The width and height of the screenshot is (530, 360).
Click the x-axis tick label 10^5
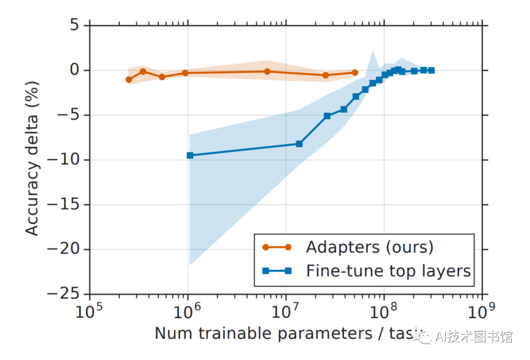[x=89, y=311]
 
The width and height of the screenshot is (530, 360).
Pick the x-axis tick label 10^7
[x=286, y=311]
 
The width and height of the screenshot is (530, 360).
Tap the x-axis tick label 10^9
[x=482, y=311]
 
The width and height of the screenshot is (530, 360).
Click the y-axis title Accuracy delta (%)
[x=32, y=159]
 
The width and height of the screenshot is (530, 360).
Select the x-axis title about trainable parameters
[x=285, y=333]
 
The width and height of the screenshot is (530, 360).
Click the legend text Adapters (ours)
[x=370, y=247]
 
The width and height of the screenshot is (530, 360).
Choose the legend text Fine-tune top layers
[x=388, y=271]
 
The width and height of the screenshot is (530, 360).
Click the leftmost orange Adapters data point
[x=129, y=80]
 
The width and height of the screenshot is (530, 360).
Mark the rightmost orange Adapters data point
[x=355, y=73]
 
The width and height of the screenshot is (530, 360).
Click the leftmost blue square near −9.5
[x=190, y=155]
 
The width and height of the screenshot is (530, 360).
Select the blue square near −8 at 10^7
[x=299, y=144]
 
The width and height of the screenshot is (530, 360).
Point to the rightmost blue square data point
[x=431, y=70]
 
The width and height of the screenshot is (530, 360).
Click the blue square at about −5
[x=327, y=116]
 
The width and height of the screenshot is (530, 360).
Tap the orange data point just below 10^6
[x=185, y=73]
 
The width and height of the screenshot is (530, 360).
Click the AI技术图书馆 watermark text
[x=474, y=337]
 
